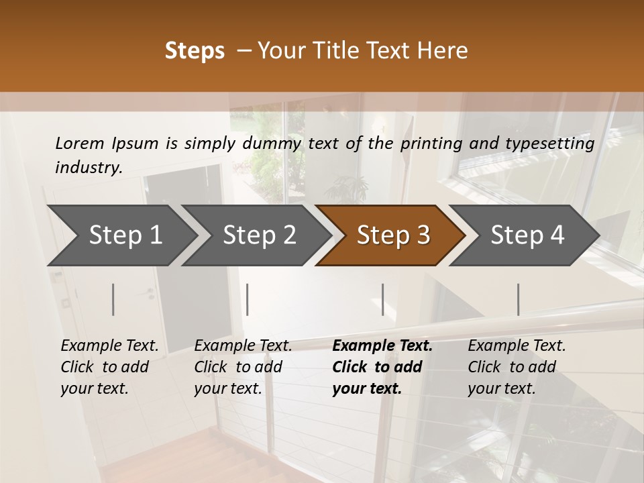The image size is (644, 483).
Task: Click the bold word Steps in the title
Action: (x=195, y=51)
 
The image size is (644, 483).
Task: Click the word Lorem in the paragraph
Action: (x=80, y=143)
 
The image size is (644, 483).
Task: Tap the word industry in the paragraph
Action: (x=89, y=168)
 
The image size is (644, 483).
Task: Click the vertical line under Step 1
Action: (x=113, y=299)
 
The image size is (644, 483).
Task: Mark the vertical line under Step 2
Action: (x=248, y=299)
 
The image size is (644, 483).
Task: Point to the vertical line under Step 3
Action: (x=383, y=299)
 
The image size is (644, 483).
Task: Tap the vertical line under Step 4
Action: (x=518, y=299)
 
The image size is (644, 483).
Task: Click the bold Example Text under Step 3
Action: (x=382, y=346)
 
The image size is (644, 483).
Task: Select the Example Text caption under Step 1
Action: (x=109, y=346)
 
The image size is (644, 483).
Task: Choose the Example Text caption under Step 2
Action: (x=243, y=346)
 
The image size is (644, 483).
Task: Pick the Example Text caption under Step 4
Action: (x=517, y=346)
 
